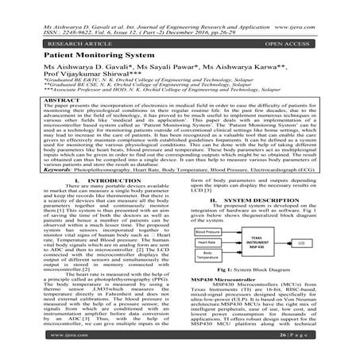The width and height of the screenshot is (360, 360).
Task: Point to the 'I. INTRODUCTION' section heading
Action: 94,182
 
